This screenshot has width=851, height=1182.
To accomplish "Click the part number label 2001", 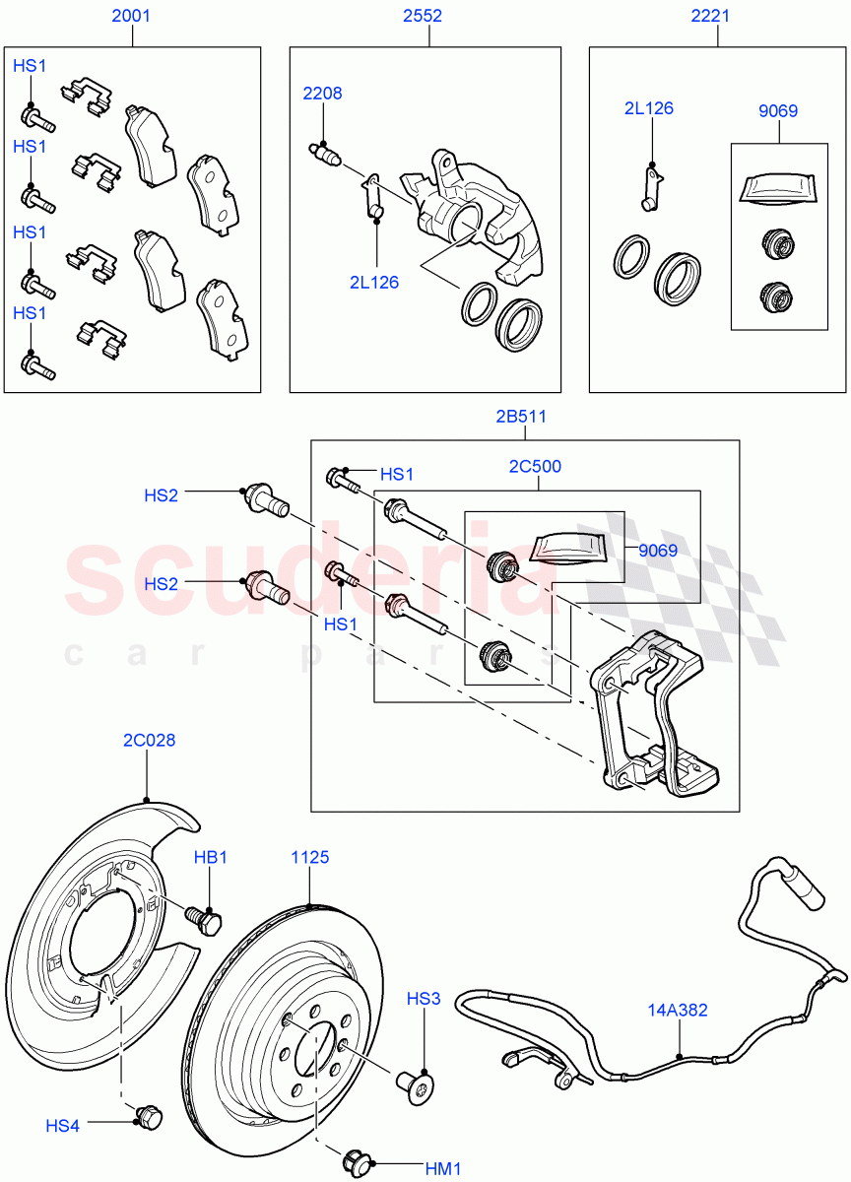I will [x=132, y=16].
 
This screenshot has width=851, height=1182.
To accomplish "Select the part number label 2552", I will [x=422, y=16].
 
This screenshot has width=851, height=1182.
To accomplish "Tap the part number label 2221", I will [x=717, y=16].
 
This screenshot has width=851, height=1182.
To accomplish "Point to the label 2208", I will [x=322, y=94].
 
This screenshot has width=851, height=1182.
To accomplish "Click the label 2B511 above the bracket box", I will [x=522, y=417].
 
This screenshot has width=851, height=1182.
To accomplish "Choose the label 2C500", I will [x=535, y=466].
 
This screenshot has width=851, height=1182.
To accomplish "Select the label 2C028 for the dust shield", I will [x=149, y=740].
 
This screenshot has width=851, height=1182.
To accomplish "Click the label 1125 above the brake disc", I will [x=310, y=857].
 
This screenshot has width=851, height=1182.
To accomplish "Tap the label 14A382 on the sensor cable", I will [x=679, y=1010].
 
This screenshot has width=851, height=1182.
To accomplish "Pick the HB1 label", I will [x=210, y=857].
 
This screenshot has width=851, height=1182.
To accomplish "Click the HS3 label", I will [x=424, y=999].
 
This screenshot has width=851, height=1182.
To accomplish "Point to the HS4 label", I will [x=62, y=1125].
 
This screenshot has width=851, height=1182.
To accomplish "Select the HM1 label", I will [x=443, y=1169].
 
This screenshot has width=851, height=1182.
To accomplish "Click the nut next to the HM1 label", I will [x=358, y=1162].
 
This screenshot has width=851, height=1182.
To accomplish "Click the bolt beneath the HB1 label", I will [x=209, y=922].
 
